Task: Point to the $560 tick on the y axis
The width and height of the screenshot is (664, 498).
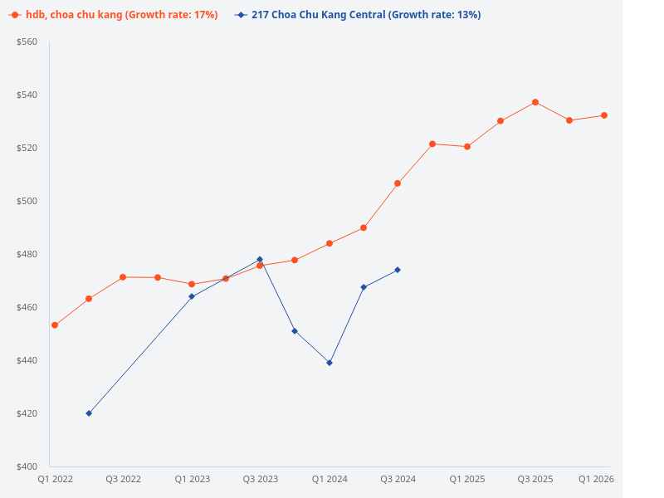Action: (27, 41)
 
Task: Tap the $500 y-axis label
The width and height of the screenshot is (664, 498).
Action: (27, 201)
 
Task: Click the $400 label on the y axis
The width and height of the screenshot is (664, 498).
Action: (27, 466)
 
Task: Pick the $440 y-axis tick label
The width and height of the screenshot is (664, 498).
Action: (27, 360)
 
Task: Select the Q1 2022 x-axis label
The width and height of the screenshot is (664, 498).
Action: (55, 479)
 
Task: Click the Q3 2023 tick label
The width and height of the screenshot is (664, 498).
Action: (260, 479)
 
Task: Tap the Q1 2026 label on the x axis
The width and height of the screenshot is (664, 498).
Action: (596, 479)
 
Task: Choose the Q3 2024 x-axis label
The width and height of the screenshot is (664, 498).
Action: (398, 479)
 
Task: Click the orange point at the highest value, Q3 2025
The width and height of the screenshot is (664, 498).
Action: (535, 102)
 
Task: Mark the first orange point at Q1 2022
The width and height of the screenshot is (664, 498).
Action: (55, 325)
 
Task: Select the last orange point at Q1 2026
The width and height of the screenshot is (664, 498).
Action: (604, 115)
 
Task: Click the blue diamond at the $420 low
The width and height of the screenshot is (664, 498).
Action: (89, 413)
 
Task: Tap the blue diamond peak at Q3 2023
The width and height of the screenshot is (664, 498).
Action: (260, 259)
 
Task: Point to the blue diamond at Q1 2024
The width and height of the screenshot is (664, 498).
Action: (330, 363)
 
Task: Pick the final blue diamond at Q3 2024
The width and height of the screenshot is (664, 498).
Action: (398, 270)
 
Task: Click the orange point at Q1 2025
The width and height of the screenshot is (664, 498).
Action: (467, 147)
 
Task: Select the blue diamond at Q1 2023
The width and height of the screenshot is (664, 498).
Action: (192, 296)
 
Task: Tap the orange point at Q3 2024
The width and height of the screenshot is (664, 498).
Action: (398, 183)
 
